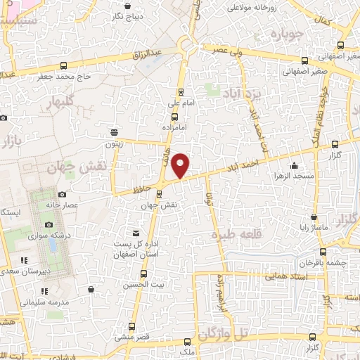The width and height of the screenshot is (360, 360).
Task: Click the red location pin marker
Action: pos(181,165)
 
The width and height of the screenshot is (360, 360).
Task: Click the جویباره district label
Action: pos(290,33)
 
